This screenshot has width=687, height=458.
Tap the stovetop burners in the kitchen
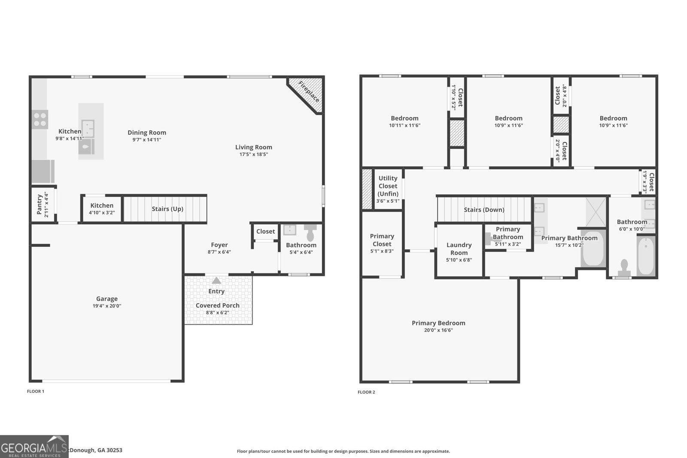(40, 119)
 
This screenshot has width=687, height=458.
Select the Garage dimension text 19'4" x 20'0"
(106, 306)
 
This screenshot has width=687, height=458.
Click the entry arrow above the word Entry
(216, 280)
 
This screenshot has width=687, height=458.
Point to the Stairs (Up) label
(167, 209)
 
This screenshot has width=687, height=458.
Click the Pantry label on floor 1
(40, 204)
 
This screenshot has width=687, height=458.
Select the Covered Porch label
(218, 306)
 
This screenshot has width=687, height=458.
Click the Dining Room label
(147, 133)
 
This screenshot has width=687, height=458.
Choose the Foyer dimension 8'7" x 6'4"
(219, 252)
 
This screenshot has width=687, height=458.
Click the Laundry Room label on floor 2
(459, 249)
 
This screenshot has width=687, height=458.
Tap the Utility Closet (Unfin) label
(388, 186)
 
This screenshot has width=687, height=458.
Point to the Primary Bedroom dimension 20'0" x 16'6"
(438, 330)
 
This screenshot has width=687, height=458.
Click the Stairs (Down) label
(484, 210)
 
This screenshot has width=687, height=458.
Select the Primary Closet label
(382, 240)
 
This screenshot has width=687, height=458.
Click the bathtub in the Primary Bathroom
(593, 249)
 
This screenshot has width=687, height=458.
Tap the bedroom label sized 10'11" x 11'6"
(404, 118)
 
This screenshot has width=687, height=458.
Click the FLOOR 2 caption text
(366, 392)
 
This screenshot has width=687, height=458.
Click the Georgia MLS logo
(34, 446)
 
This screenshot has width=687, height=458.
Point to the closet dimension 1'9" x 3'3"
(645, 182)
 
